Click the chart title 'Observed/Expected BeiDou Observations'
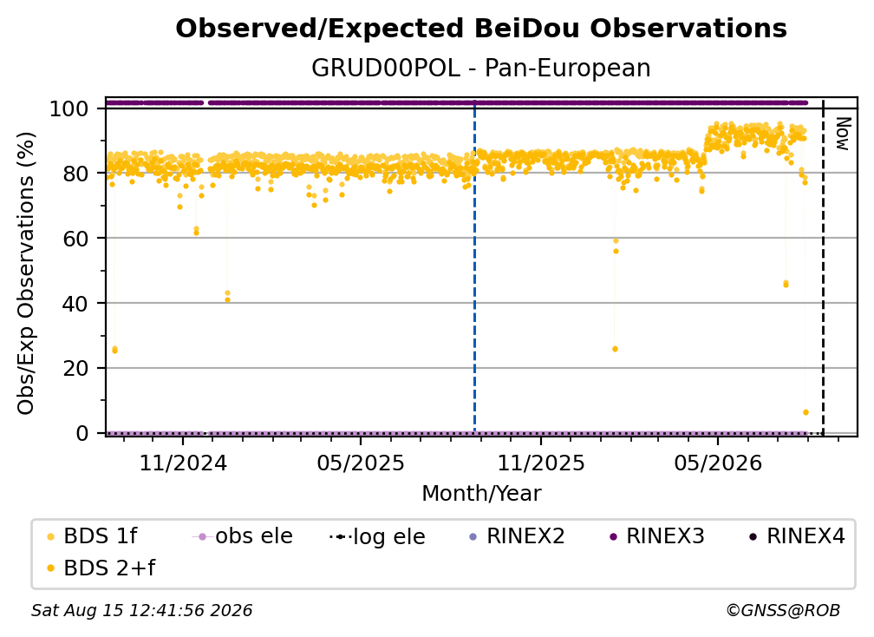coord(481,29)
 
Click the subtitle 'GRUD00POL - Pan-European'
coord(481,68)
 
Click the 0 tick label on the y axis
coord(82,433)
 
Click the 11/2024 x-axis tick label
coord(183,463)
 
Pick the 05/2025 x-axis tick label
coord(361,463)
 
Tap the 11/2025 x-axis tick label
coord(541,463)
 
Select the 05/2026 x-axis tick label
coord(718,463)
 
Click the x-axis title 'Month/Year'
coord(481,494)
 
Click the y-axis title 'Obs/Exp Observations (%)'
coord(26,273)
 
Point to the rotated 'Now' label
coord(843,134)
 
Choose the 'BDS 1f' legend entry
coord(92,536)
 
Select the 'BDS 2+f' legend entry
coord(101,568)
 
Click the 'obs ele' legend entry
coord(243,536)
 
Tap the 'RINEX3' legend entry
coord(658,536)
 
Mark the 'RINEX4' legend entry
coord(798,536)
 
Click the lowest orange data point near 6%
coord(806,412)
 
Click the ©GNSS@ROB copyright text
coord(783,611)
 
